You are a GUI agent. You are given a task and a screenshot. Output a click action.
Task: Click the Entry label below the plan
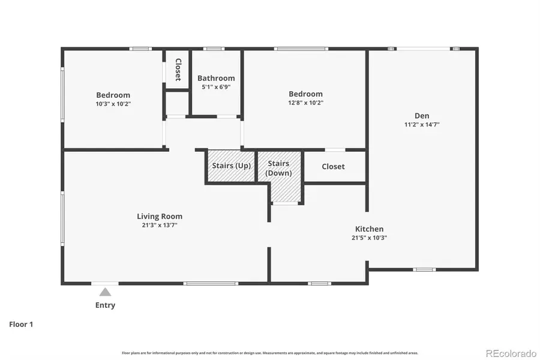pos(105,305)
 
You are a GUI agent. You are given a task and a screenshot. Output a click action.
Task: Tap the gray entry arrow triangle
pos(105,292)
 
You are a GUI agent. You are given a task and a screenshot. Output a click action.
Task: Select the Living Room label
pos(160,217)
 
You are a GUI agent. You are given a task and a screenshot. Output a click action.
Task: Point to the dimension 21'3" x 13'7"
pos(160,226)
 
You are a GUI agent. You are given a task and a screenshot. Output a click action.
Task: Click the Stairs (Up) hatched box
pos(231,166)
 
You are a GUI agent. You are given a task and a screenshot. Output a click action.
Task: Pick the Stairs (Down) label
pos(279,168)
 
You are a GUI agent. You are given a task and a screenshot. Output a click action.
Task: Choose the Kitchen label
pos(369,229)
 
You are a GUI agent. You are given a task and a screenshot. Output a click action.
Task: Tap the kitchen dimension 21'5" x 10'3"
pos(369,238)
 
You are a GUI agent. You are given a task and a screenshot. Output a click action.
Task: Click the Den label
pos(422,116)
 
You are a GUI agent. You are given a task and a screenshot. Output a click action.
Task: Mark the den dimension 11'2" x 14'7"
pos(422,125)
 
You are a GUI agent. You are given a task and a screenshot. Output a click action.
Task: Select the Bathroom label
pos(216,78)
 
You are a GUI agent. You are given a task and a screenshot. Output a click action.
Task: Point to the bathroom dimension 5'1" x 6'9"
pos(216,87)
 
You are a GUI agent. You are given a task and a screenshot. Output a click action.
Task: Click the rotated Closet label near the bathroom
pos(178,70)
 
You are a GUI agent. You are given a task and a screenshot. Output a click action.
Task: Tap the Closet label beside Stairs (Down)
pos(333,167)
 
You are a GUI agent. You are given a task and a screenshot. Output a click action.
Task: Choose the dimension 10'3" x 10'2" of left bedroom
pos(113,104)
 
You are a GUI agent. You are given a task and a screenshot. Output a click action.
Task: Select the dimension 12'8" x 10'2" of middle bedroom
pos(305,103)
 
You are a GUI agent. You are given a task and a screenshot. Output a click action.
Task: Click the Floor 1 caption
pos(21,324)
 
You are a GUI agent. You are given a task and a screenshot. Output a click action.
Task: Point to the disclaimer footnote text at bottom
pos(270,353)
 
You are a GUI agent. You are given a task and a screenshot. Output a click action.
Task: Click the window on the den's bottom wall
pos(424,269)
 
